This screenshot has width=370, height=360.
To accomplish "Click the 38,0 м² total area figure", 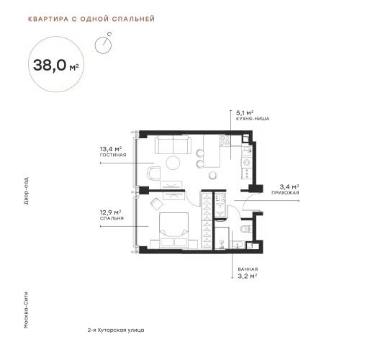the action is tap(55, 66).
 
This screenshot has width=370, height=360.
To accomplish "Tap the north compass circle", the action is tap(103, 45).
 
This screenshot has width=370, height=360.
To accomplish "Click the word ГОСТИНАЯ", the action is tap(113, 155).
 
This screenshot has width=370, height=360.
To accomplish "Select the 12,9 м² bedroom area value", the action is tap(110, 212).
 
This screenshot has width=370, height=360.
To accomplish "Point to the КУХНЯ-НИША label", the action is tap(253, 119).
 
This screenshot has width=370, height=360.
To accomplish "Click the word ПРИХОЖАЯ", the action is tap(285, 193).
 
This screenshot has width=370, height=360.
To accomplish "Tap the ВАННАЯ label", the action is tap(248, 269).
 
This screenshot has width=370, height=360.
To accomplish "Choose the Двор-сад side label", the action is tap(26, 191).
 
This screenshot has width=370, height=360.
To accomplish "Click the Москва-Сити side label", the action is tap(26, 310).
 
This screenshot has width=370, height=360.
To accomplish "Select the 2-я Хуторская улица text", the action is tap(116, 330).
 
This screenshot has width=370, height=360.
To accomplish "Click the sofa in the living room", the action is tap(173, 145).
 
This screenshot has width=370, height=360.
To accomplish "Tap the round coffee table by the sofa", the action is tap(173, 163).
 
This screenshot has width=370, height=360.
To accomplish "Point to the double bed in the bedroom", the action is tap(174, 229).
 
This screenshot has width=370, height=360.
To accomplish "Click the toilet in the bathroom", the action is tap(246, 229).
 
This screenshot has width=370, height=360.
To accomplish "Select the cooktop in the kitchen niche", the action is tap(225, 140).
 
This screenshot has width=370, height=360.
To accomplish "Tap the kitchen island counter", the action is tap(212, 150).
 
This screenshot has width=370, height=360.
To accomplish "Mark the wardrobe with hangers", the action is tap(206, 220).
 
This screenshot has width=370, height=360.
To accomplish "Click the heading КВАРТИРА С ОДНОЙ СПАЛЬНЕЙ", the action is tap(91, 19).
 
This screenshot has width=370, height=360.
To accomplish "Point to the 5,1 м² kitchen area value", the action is tap(245, 112).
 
